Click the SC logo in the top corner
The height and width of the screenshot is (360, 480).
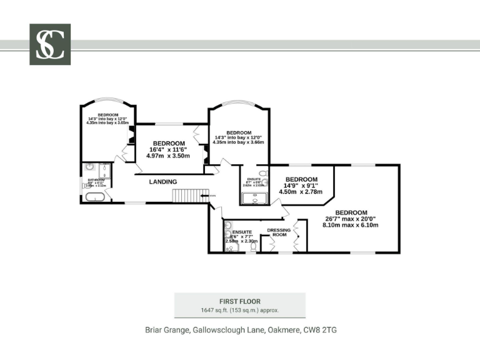point(50,44)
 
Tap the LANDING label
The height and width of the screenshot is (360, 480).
point(162,182)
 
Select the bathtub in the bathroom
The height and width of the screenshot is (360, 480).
point(96,197)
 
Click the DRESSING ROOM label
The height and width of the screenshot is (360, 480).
point(279,232)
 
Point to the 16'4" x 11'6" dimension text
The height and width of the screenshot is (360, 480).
point(168,149)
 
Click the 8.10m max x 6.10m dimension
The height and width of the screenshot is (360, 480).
point(351,225)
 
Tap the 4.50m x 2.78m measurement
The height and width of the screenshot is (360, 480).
point(301,192)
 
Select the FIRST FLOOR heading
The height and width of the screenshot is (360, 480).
point(239,301)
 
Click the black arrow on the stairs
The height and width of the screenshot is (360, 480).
point(206,196)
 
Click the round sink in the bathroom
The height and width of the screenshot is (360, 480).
point(89,167)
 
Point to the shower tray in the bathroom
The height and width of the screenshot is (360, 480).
point(104,171)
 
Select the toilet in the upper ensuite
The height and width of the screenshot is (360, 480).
point(263,173)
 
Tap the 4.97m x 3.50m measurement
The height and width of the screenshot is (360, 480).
point(167,156)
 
